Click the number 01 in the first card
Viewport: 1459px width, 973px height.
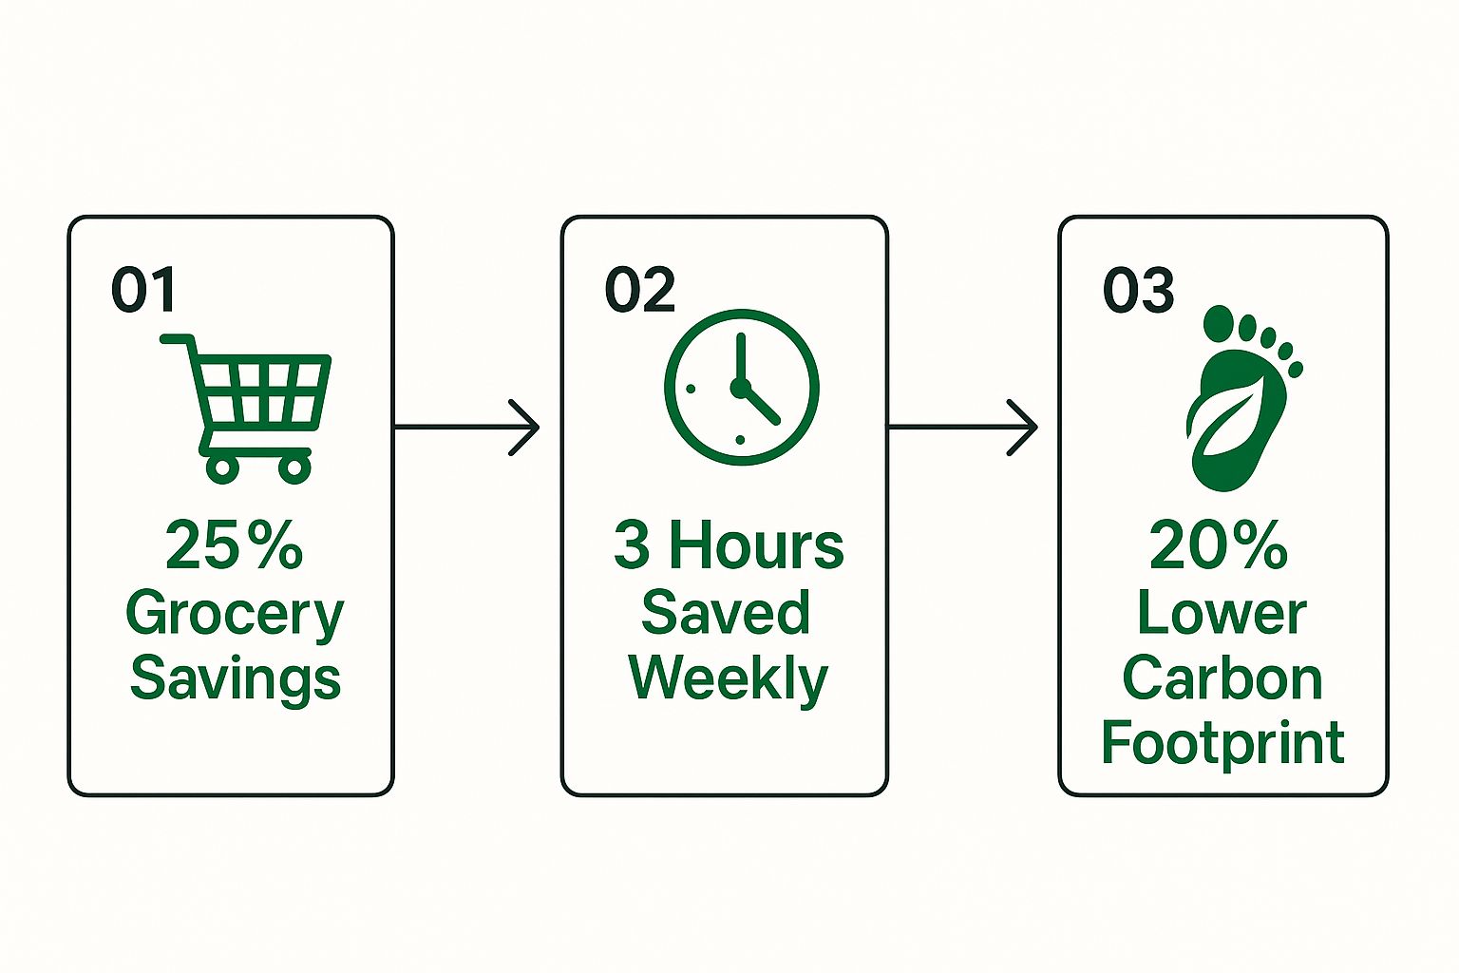pyautogui.click(x=143, y=290)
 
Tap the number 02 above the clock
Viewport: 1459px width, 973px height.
pyautogui.click(x=639, y=290)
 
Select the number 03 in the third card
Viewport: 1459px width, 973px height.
pyautogui.click(x=1138, y=290)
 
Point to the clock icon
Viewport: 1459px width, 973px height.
pyautogui.click(x=741, y=387)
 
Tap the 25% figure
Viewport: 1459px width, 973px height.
pyautogui.click(x=234, y=545)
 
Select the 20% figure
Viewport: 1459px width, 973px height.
pyautogui.click(x=1218, y=545)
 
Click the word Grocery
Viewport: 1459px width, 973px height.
pyautogui.click(x=234, y=615)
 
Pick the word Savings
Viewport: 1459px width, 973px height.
pyautogui.click(x=235, y=678)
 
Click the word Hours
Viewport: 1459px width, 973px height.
pyautogui.click(x=756, y=545)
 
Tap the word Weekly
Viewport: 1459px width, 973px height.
pyautogui.click(x=728, y=678)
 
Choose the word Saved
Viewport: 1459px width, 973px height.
pyautogui.click(x=726, y=612)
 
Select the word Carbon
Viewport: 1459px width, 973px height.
pyautogui.click(x=1222, y=678)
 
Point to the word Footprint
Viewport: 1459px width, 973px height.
pyautogui.click(x=1222, y=742)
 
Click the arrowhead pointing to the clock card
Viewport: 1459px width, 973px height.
pyautogui.click(x=525, y=428)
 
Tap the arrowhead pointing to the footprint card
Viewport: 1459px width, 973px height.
pyautogui.click(x=1023, y=428)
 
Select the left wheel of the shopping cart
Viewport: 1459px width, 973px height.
pyautogui.click(x=222, y=467)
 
